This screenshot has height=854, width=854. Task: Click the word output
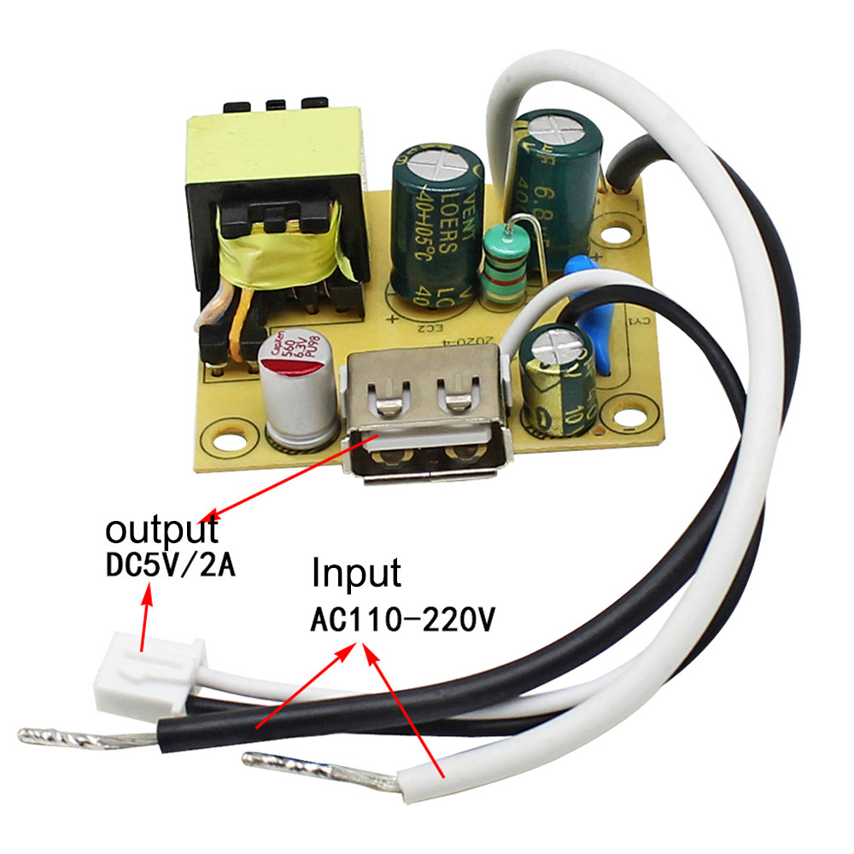[x=161, y=529]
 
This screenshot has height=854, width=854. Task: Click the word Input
[x=356, y=573]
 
